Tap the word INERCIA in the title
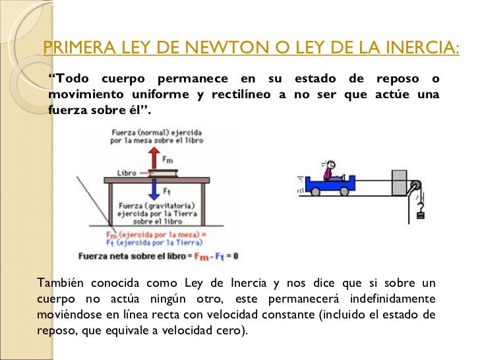tap(419, 47)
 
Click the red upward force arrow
tap(154, 158)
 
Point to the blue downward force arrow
tap(154, 189)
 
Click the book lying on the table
tap(162, 173)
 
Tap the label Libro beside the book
tap(127, 173)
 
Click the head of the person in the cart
tap(330, 165)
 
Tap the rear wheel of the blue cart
tap(316, 192)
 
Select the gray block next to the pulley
tap(400, 183)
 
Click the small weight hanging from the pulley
tap(421, 212)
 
